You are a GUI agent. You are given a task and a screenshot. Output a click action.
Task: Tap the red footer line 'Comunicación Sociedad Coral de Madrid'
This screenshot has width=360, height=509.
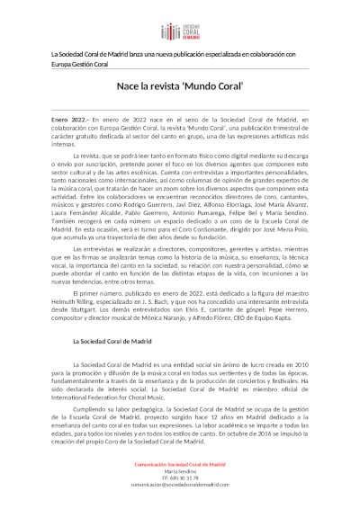[181, 464]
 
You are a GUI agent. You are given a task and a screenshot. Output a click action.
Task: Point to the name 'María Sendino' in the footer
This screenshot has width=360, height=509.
[180, 471]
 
